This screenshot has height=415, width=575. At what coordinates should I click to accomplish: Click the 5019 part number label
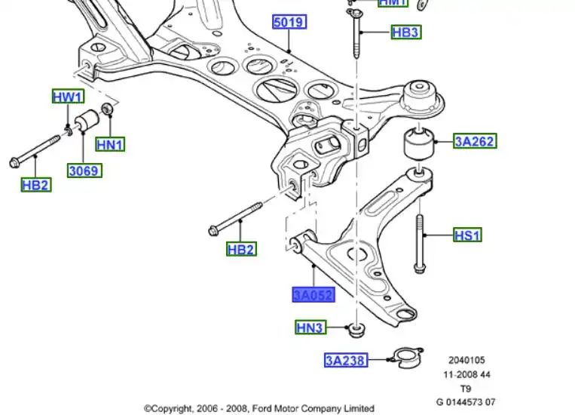coord(289,23)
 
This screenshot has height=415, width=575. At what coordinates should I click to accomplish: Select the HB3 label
coord(405,32)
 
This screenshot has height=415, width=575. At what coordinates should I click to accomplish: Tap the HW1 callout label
coord(68,97)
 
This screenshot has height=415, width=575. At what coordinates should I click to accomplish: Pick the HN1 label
coord(110,144)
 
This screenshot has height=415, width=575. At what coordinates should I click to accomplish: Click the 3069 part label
coord(84,171)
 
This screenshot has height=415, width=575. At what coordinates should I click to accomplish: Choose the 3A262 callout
coord(475,140)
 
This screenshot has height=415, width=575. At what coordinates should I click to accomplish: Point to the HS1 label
coord(467,235)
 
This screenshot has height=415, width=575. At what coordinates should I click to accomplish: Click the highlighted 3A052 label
coord(313,295)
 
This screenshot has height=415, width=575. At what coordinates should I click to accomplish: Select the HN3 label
coord(310,327)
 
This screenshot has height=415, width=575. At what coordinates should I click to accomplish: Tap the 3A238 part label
coord(346,361)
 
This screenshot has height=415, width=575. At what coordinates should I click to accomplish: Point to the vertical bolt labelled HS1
coord(418,241)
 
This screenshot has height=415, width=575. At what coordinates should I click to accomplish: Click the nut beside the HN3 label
coord(356,330)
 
